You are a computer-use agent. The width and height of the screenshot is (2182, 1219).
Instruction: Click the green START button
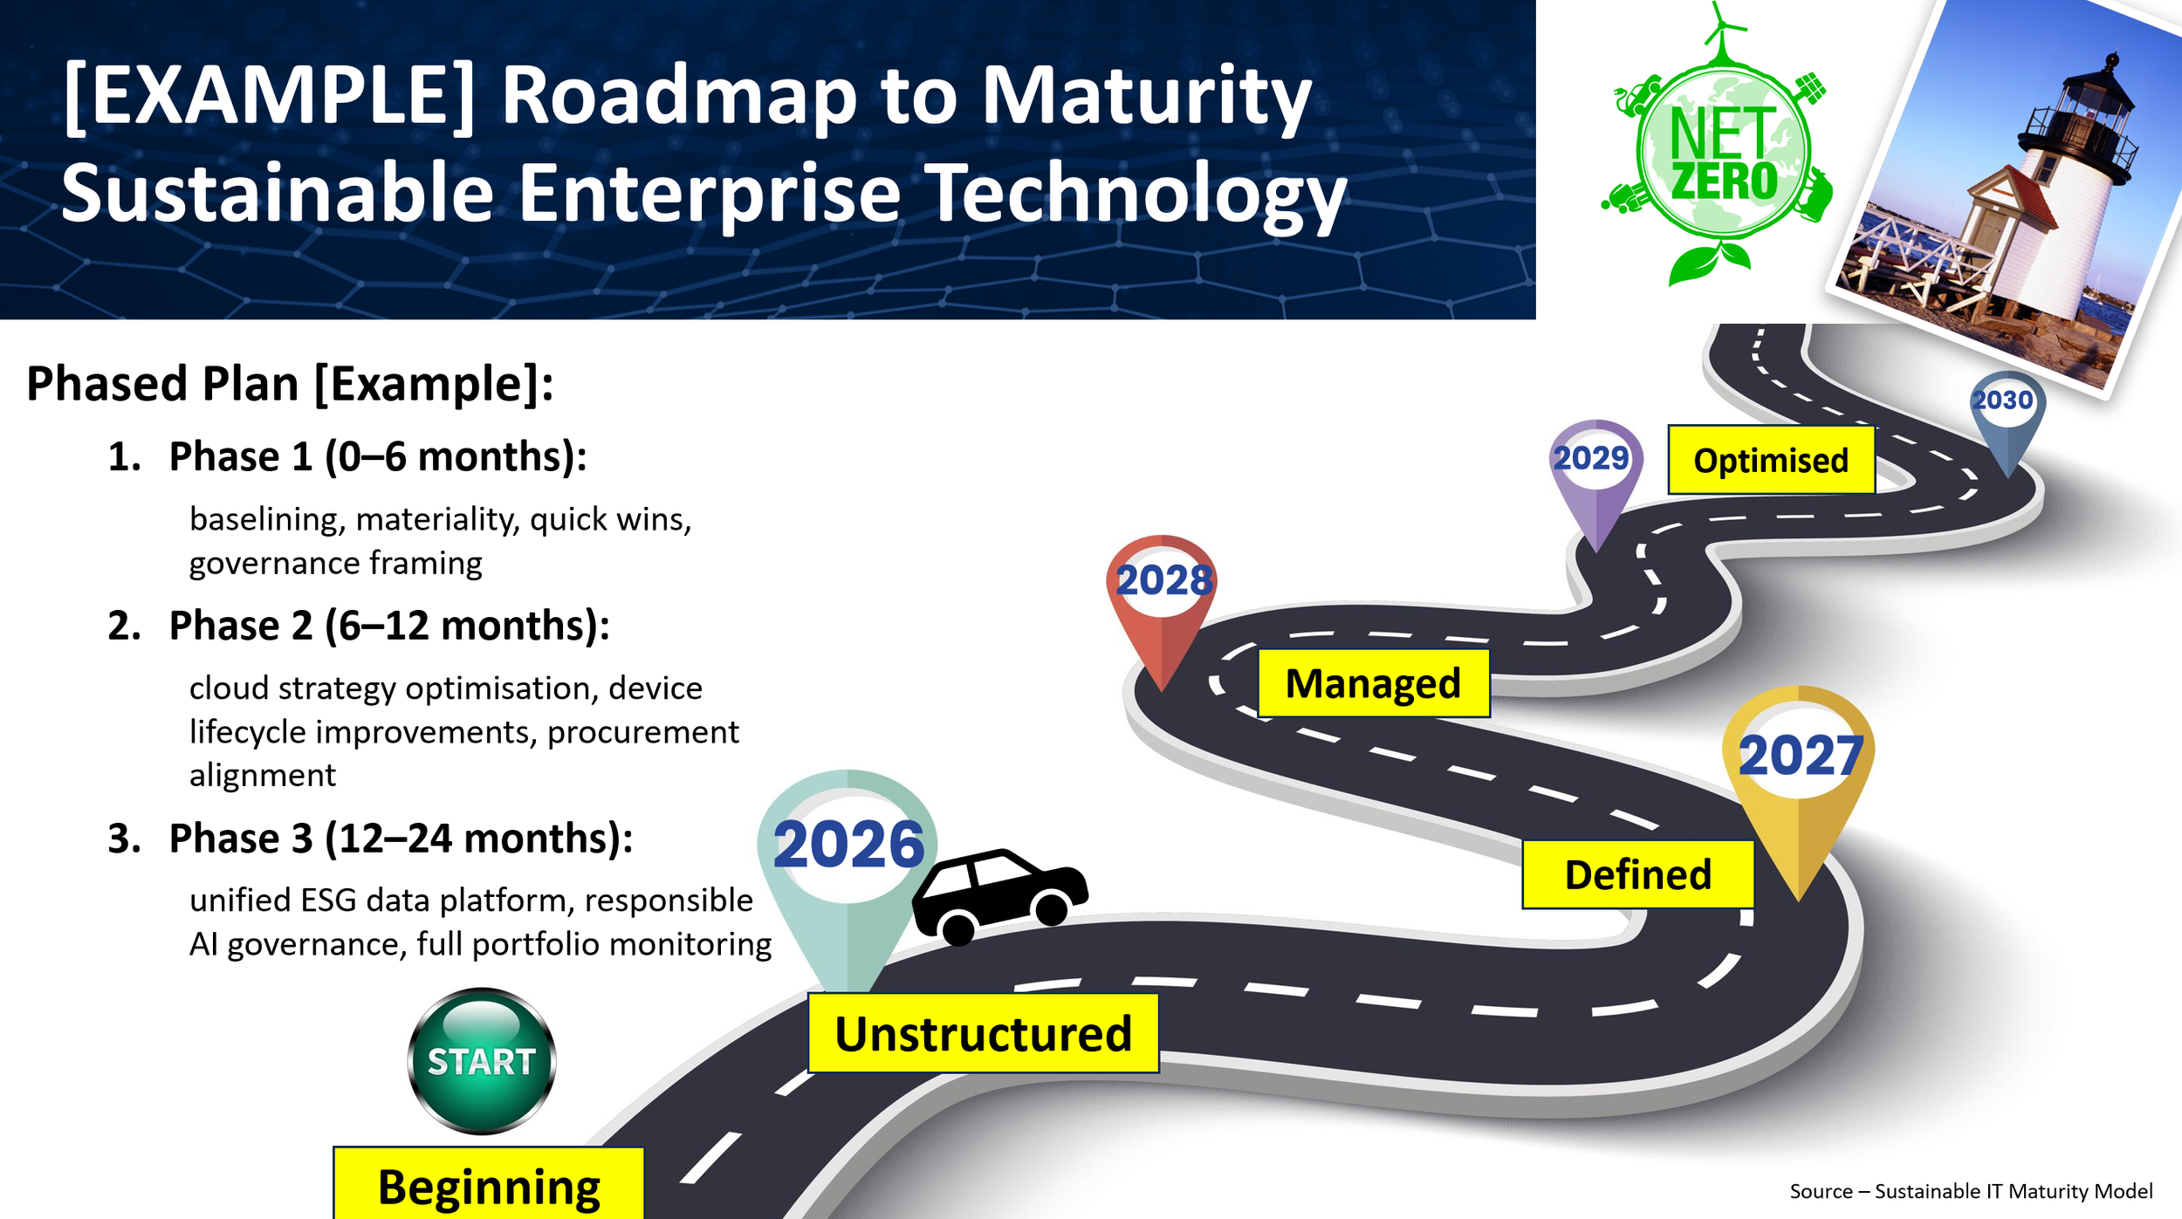pos(481,1060)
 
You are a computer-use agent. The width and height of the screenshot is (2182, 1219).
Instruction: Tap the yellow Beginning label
pos(489,1185)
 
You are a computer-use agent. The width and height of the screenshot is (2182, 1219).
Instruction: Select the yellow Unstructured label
pos(983,1033)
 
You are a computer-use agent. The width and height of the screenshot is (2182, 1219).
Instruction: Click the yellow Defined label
pos(1637,874)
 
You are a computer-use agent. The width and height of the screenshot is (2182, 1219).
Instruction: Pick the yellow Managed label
pos(1373,683)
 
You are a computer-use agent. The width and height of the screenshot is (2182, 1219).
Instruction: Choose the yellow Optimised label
pos(1771,460)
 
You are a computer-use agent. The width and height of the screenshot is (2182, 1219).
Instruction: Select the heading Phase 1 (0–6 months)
pos(377,456)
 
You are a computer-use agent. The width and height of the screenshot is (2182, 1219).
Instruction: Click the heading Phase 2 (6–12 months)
pos(388,626)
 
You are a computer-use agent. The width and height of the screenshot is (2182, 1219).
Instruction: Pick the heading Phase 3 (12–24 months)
pos(400,838)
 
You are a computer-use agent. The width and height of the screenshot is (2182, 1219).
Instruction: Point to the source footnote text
pos(1971,1191)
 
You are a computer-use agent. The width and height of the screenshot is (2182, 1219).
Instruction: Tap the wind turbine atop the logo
pos(1719,31)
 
